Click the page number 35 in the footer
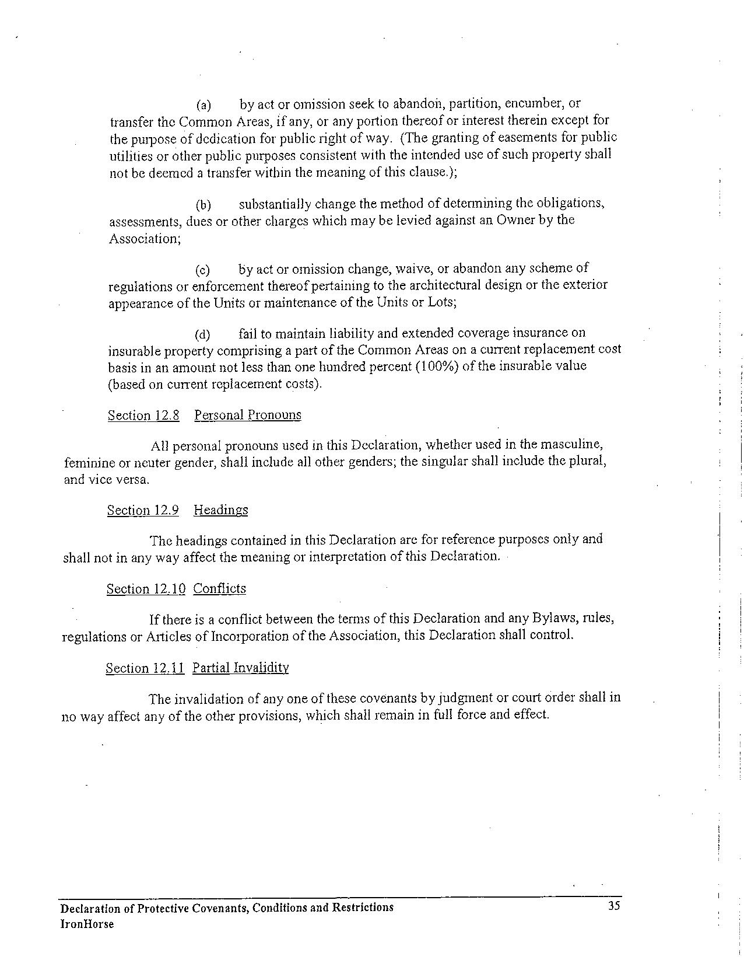point(613,906)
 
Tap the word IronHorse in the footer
point(87,924)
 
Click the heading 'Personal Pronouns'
point(248,415)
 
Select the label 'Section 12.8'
point(143,416)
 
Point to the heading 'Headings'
point(220,510)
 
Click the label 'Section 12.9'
point(143,510)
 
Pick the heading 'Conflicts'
point(219,588)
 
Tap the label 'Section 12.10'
point(146,589)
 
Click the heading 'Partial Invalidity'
point(240,668)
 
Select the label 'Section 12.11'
point(145,668)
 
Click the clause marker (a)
point(203,105)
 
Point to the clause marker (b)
point(203,205)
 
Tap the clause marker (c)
point(202,270)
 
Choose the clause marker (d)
point(202,334)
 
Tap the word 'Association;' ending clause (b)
point(145,238)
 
